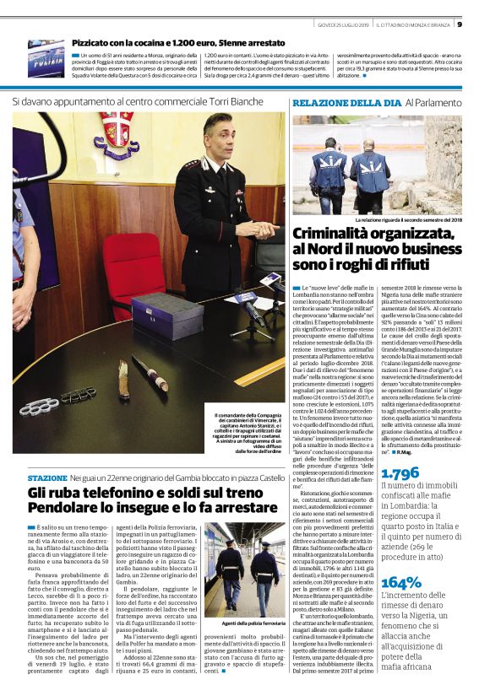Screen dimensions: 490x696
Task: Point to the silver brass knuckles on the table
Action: click(40, 407)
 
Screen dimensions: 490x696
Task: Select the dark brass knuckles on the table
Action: click(78, 395)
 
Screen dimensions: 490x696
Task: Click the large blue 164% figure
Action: click(395, 559)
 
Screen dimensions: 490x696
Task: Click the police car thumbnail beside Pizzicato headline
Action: click(46, 57)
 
